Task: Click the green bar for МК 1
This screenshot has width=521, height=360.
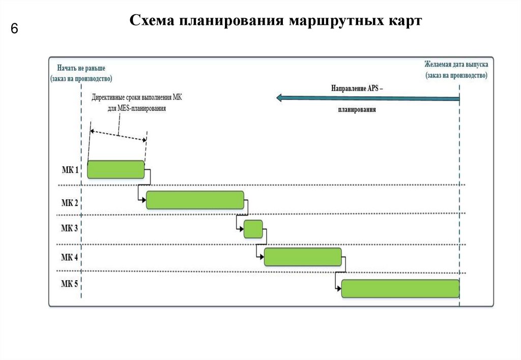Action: point(116,169)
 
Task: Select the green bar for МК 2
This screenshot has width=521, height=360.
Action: point(195,200)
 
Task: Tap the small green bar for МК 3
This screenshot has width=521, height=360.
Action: point(253,229)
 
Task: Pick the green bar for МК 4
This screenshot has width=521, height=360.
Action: point(303,257)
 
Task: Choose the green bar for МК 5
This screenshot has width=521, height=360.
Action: point(400,288)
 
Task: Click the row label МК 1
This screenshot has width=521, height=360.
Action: point(70,170)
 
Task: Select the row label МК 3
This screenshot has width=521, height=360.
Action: point(70,228)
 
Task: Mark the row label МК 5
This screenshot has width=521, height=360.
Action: point(70,284)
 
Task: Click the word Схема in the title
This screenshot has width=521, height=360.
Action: point(151,21)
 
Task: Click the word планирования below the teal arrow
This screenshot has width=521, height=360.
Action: point(356,109)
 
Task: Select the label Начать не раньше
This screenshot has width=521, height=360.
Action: point(81,68)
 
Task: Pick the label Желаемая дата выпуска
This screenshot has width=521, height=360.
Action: point(456,65)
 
